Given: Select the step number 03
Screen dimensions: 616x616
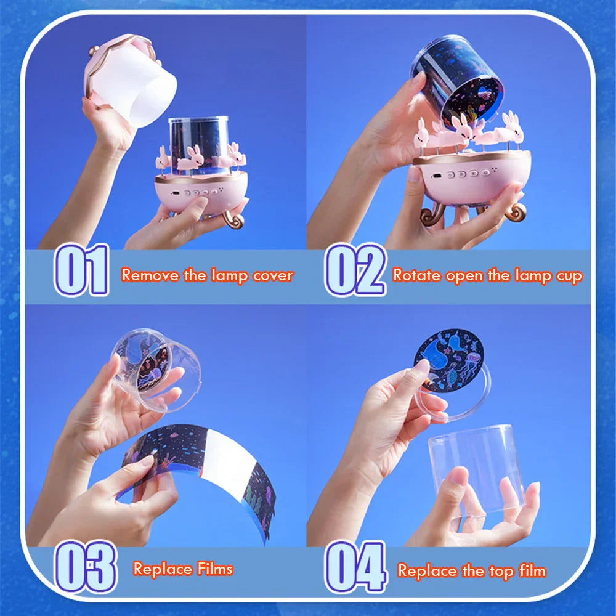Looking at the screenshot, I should coord(85,566).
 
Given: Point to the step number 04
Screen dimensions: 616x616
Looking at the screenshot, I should coord(355,567).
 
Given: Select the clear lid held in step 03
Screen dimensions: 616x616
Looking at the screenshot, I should coord(156,370).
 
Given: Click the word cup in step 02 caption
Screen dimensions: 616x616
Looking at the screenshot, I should coord(567,276).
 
